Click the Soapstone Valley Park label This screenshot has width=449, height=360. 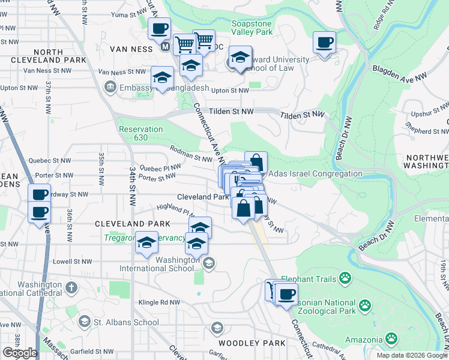pyautogui.click(x=252, y=28)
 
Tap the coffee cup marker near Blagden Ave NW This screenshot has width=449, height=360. pyautogui.click(x=324, y=43)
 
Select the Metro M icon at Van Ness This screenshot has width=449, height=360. pyautogui.click(x=165, y=46)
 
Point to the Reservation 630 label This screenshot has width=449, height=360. pyautogui.click(x=140, y=133)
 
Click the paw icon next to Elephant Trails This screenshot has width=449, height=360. pyautogui.click(x=345, y=278)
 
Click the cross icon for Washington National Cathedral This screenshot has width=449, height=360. pyautogui.click(x=70, y=286)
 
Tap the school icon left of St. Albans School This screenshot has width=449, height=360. pyautogui.click(x=85, y=322)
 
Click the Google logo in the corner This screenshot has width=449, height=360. pyautogui.click(x=20, y=353)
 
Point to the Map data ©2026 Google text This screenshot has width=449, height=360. pyautogui.click(x=411, y=355)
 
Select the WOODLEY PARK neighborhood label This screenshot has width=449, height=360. pyautogui.click(x=247, y=343)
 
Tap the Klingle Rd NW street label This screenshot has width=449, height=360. pyautogui.click(x=160, y=302)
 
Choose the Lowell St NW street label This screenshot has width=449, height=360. pyautogui.click(x=73, y=262)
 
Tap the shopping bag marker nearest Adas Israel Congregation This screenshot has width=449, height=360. pyautogui.click(x=256, y=162)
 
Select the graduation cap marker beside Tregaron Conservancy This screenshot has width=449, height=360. pyautogui.click(x=146, y=242)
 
